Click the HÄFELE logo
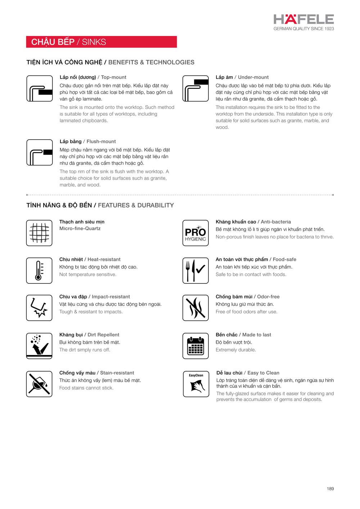pos(303,19)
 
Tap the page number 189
pos(330,488)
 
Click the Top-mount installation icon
pos(40,88)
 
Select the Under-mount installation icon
pos(195,88)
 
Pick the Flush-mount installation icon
pos(40,153)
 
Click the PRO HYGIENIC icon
pos(195,233)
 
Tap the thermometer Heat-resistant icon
pos(39,271)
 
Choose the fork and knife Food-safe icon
pos(195,271)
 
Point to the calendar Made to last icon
pos(195,346)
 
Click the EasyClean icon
pos(196,384)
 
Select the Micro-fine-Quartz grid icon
pos(39,233)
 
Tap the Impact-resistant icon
pos(39,308)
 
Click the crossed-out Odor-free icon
pos(195,308)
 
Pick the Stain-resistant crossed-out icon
pos(39,384)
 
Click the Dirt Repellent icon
pos(39,346)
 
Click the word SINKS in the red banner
pos(94,42)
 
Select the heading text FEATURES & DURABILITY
pos(136,205)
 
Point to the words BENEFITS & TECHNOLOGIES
pos(151,62)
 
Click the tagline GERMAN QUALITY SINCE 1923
pos(303,29)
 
